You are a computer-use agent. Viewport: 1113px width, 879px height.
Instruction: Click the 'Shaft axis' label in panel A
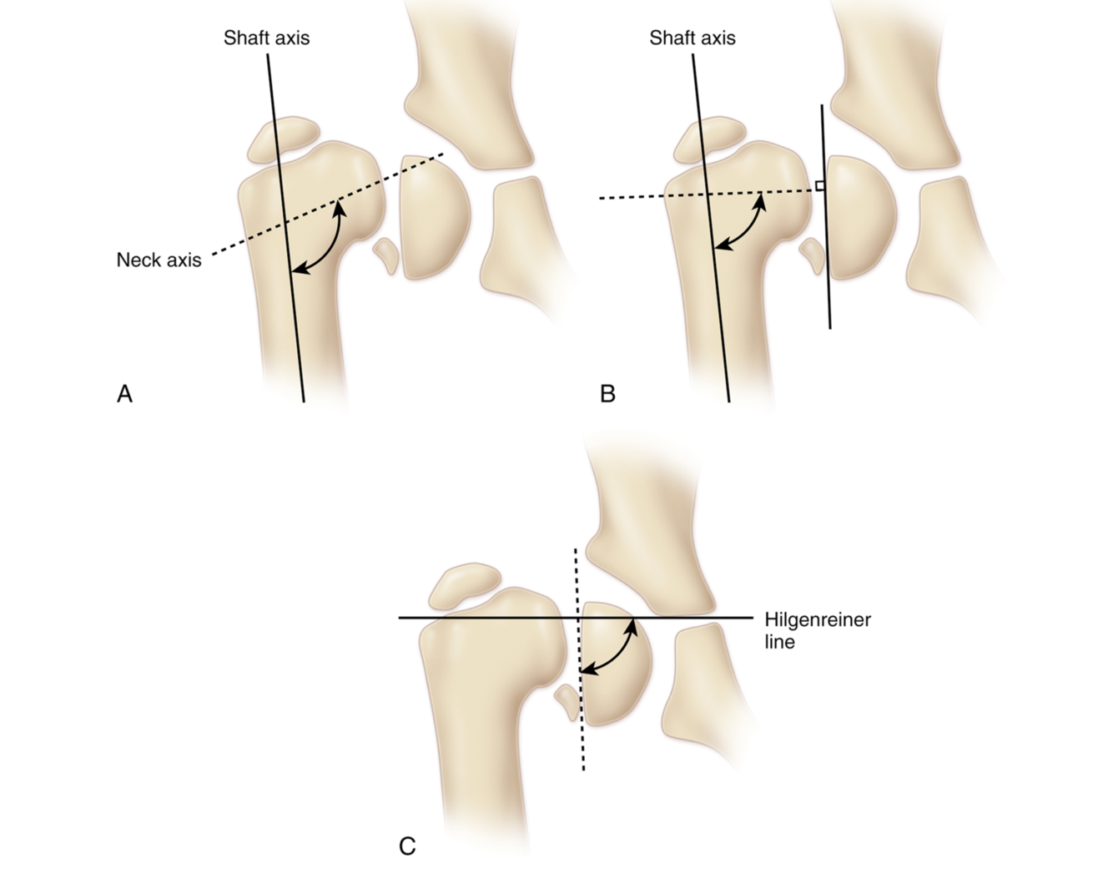[x=266, y=38]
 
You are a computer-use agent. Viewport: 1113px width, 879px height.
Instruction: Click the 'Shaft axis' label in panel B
[x=692, y=38]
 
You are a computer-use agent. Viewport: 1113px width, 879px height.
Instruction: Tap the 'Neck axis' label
[x=159, y=260]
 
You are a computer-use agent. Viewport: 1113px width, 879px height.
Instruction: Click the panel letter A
[x=124, y=393]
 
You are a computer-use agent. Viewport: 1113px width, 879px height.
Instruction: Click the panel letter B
[x=607, y=393]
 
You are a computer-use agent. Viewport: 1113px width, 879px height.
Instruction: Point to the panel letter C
[x=407, y=846]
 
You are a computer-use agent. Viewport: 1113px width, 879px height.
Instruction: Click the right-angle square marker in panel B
[x=819, y=185]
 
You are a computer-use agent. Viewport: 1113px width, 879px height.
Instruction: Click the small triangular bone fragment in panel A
[x=386, y=254]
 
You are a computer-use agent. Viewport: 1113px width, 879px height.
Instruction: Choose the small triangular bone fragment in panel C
[x=567, y=701]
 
